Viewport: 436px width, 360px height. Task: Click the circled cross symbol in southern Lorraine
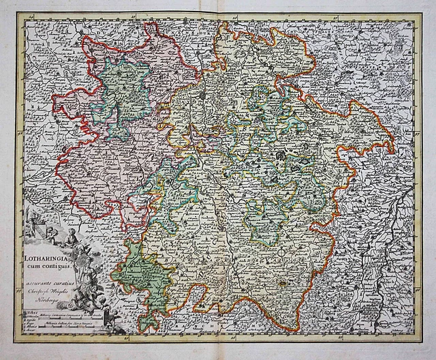[x=281, y=258]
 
